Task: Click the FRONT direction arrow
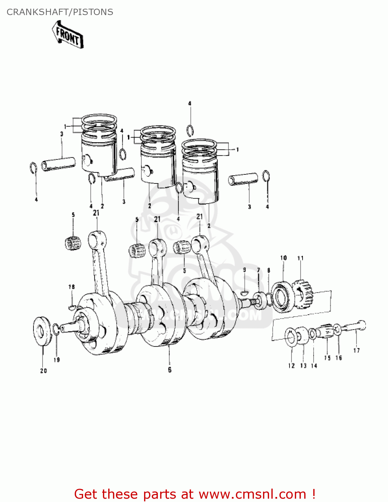click(68, 35)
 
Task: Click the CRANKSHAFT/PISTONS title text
click(60, 12)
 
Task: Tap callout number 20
click(44, 370)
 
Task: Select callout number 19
click(57, 360)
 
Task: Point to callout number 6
click(170, 369)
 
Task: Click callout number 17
click(357, 350)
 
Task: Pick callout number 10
click(283, 258)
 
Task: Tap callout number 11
click(300, 258)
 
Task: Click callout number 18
click(71, 287)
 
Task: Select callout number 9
click(244, 270)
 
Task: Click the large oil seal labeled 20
click(43, 331)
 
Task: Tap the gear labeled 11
click(303, 294)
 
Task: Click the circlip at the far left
click(34, 168)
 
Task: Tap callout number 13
click(303, 365)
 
